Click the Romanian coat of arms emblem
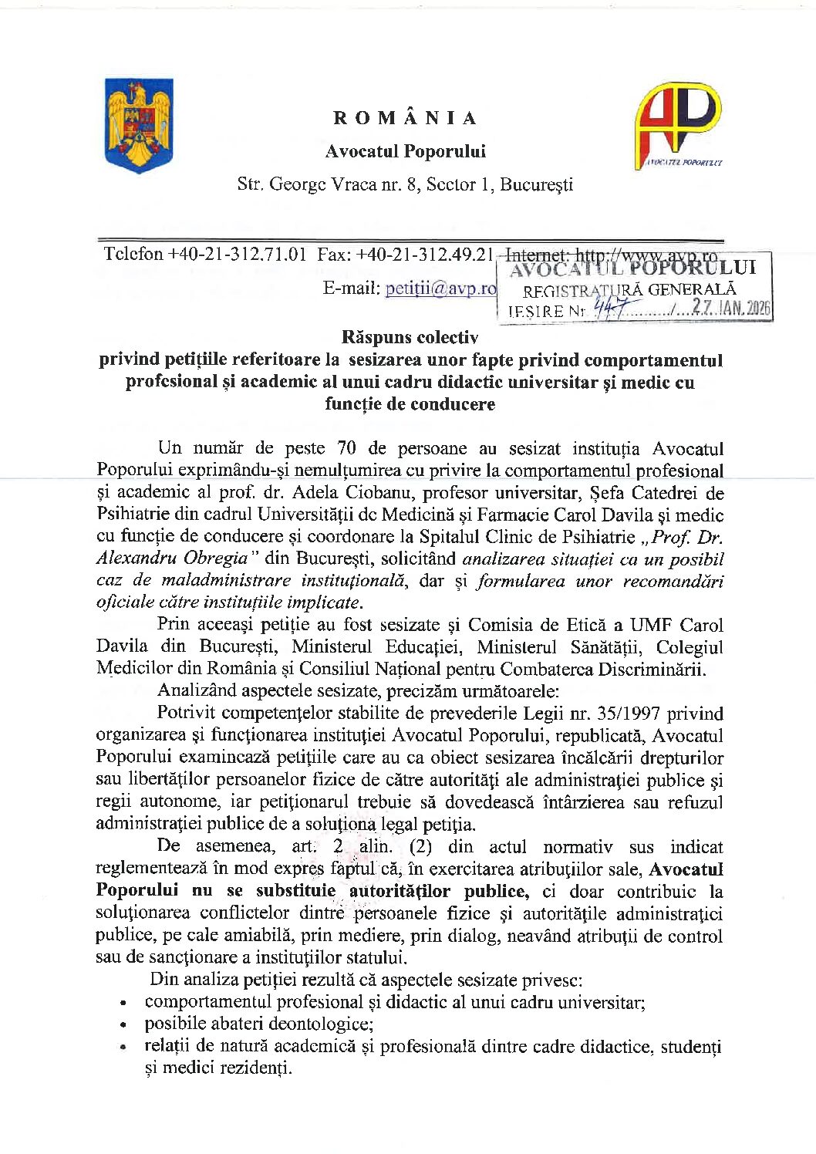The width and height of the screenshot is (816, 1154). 139,125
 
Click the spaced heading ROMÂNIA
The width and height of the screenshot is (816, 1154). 406,118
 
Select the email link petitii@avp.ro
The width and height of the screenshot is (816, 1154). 440,288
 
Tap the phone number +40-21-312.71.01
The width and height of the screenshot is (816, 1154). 237,254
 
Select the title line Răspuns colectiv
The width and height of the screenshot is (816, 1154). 410,337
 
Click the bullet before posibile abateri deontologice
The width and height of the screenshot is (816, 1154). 123,1026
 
